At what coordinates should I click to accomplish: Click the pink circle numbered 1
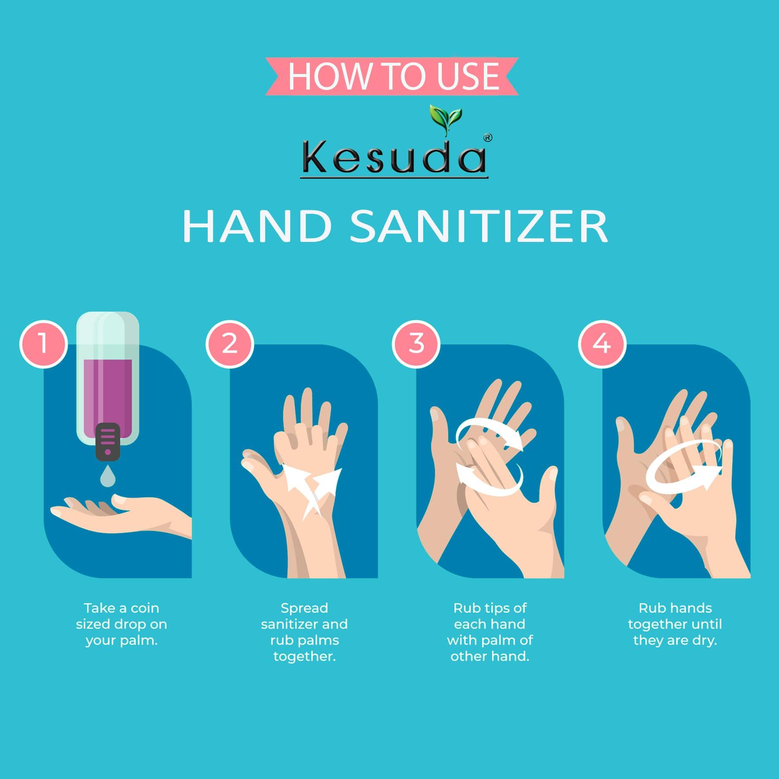click(43, 344)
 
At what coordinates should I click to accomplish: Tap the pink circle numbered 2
click(229, 344)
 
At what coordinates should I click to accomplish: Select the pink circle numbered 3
click(416, 344)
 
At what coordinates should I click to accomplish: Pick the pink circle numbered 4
click(602, 344)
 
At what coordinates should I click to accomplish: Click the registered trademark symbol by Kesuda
click(488, 138)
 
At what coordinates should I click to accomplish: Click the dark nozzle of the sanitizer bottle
click(107, 441)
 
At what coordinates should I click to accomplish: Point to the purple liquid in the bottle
click(108, 389)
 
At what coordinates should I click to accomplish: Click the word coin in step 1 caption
click(145, 608)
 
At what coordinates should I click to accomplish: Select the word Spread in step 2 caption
click(304, 608)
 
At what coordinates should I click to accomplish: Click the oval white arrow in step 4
click(684, 474)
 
